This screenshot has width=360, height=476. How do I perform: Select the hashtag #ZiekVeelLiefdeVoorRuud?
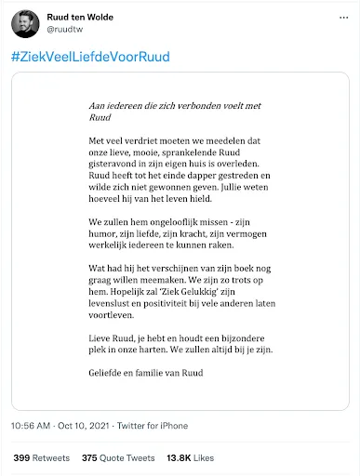90,58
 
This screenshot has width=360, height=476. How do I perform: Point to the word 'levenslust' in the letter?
96,313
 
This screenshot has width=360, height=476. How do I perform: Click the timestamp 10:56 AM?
33,426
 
